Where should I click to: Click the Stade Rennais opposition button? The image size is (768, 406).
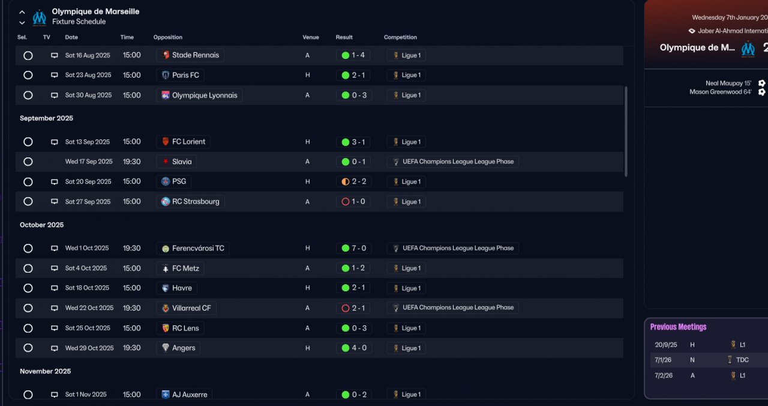[x=190, y=55]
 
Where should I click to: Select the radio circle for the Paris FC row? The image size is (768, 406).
[x=28, y=76]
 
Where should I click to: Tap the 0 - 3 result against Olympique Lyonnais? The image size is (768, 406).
[x=353, y=95]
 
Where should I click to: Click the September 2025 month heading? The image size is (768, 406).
[x=46, y=118]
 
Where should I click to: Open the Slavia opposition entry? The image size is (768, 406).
[x=176, y=162]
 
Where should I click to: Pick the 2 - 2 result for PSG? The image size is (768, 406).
[x=353, y=182]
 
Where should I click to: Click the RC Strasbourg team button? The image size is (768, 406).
[x=190, y=202]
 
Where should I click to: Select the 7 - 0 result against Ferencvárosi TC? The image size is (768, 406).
[x=353, y=249]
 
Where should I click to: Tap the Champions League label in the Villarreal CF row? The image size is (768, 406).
[x=453, y=308]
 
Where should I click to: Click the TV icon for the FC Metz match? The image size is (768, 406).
[x=55, y=268]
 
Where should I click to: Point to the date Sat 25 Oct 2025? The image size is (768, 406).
[x=88, y=329]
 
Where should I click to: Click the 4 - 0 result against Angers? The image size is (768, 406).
[x=353, y=348]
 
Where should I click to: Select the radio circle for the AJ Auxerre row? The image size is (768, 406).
[x=28, y=395]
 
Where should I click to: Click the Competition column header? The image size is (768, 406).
[x=400, y=37]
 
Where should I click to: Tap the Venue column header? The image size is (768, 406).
[x=311, y=37]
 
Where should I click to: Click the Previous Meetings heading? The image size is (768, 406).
[x=678, y=327]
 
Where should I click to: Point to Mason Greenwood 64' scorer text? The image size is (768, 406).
[x=720, y=92]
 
